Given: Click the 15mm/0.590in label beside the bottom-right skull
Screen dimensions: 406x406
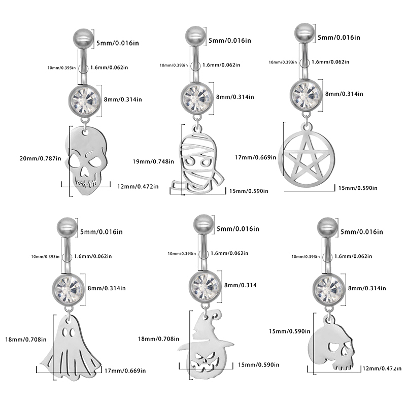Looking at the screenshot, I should (x=288, y=331).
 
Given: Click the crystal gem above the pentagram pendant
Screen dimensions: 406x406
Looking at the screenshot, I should (x=305, y=94).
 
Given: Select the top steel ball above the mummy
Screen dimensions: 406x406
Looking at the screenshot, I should (x=194, y=36).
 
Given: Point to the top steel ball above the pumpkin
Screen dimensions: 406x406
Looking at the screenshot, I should (x=204, y=224).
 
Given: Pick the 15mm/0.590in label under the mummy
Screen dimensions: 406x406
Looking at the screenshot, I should (x=249, y=191).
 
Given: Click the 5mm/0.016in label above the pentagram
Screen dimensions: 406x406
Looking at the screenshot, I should (x=339, y=37).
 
